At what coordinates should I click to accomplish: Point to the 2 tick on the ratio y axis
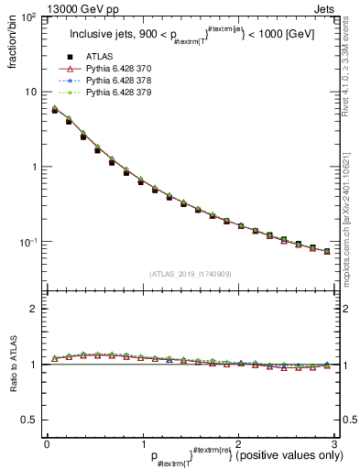point(34,309)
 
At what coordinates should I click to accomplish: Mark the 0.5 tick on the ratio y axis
point(29,420)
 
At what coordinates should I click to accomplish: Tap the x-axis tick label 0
point(47,444)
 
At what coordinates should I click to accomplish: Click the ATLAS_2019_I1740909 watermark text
point(190,273)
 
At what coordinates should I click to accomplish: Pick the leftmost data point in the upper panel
point(55,110)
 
